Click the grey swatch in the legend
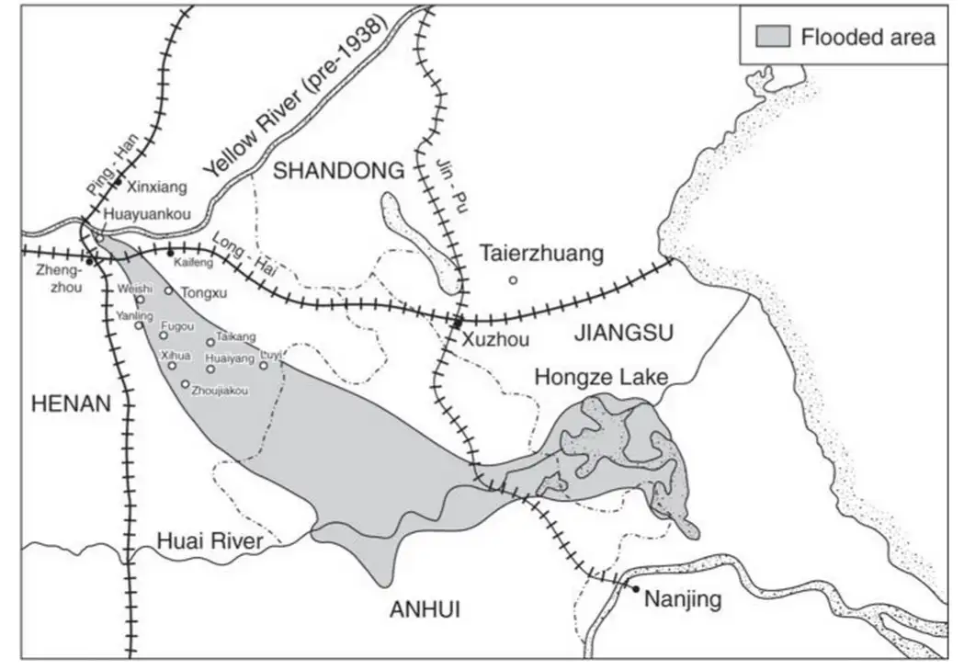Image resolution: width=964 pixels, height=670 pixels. point(771,37)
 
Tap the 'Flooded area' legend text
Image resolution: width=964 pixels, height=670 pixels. point(867,37)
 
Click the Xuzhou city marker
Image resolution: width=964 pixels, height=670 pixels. point(457,322)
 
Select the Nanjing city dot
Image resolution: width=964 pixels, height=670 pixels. point(633,586)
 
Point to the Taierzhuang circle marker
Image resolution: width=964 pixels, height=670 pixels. point(513,279)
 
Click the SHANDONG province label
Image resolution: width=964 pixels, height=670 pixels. point(339,170)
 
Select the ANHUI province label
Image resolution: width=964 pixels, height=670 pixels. point(425,608)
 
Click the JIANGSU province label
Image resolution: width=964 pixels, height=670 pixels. point(624,333)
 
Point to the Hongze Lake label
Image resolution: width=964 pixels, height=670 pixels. point(600,377)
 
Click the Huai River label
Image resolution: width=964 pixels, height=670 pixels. point(210,541)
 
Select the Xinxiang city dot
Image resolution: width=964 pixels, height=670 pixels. point(118,183)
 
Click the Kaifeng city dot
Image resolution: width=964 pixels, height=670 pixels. point(171,251)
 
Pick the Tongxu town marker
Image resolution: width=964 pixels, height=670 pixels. point(168,290)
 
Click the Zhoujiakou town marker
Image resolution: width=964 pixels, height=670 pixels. point(186,384)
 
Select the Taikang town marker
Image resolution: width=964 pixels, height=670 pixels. point(210,342)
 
